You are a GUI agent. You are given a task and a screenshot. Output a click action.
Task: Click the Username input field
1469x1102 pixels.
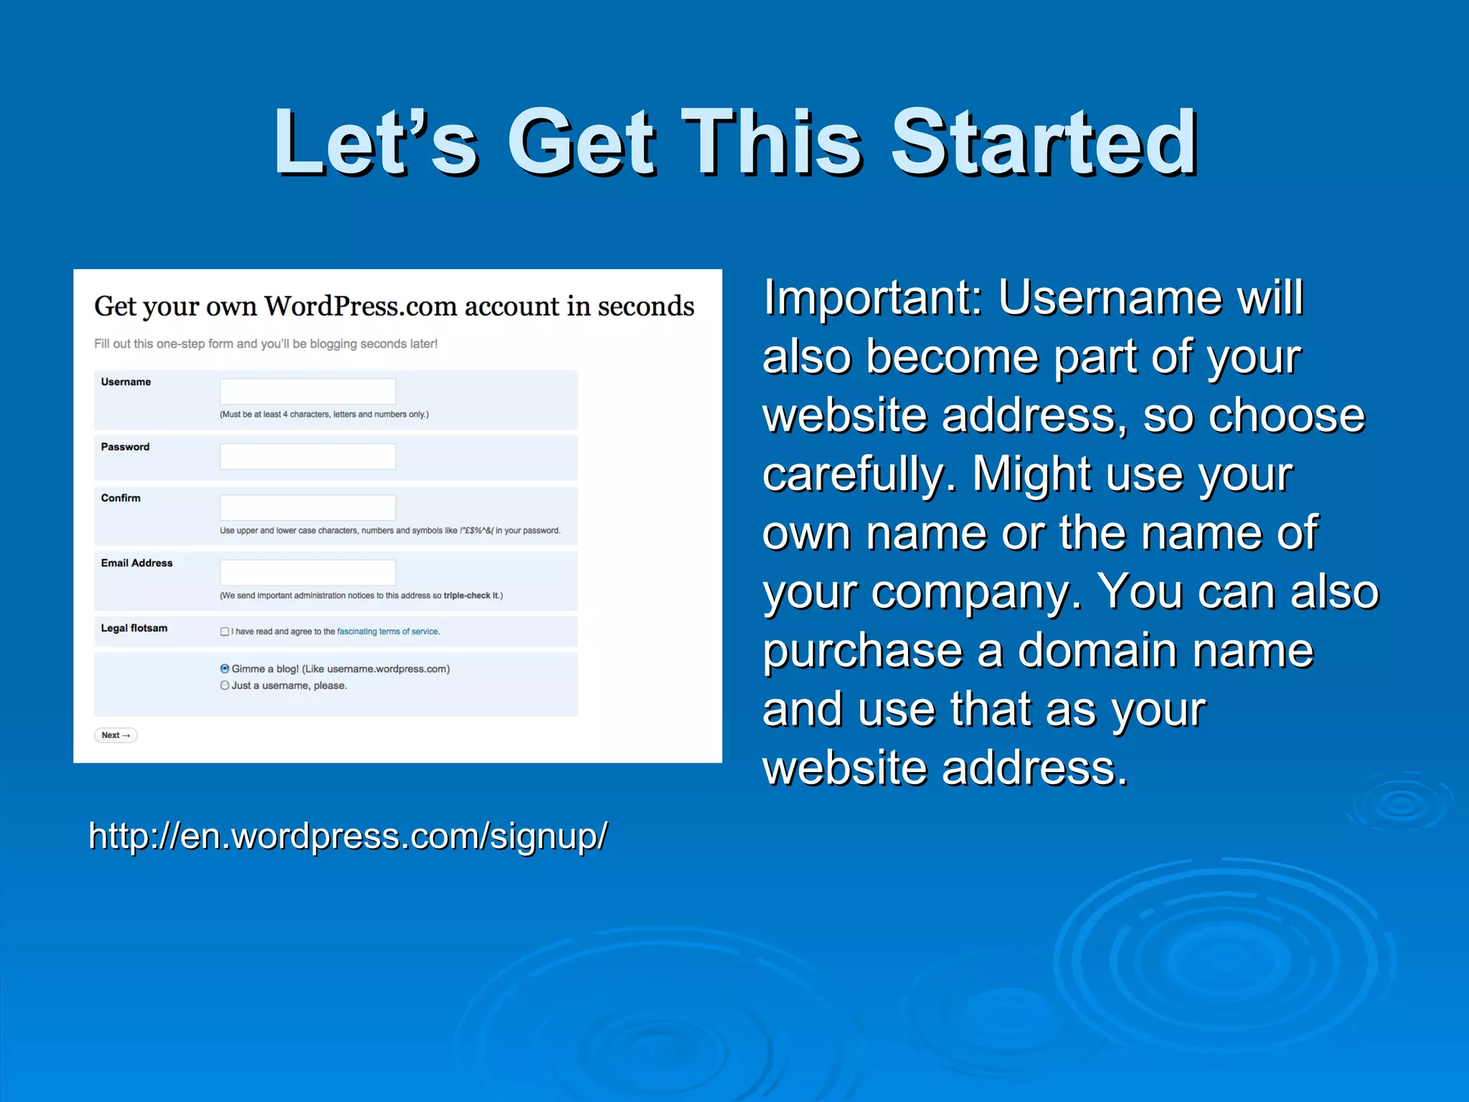pos(308,392)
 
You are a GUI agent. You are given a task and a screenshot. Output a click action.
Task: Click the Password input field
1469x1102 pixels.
pos(308,456)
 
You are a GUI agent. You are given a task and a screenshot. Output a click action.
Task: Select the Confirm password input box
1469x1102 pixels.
pos(308,507)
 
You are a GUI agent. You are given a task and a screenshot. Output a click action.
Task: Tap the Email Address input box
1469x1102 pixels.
pos(308,573)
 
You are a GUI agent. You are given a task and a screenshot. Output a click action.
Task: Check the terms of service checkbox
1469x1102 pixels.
pos(225,632)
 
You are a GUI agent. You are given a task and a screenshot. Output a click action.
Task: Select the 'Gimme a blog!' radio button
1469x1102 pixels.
pos(225,669)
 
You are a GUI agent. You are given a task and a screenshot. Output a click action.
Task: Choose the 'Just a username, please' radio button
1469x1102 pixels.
pos(225,686)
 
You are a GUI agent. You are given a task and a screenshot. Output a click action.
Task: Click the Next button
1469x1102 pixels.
pos(115,735)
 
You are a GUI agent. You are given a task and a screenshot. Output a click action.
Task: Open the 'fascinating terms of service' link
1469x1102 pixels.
pos(388,632)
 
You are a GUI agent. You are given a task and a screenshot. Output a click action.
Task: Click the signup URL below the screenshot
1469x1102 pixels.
pos(348,836)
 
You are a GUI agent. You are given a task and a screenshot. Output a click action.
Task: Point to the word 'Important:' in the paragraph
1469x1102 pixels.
pos(872,297)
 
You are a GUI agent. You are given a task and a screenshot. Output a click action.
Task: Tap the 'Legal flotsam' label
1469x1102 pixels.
pos(134,628)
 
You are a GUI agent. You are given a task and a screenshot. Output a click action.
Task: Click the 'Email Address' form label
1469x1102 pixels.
pos(136,563)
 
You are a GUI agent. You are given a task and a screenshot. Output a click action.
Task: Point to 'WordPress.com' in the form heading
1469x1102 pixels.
pos(361,306)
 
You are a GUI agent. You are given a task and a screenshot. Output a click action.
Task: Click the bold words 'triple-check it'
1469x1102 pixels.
pos(471,595)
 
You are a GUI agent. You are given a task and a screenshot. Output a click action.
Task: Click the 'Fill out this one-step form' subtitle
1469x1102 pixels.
pos(265,344)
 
